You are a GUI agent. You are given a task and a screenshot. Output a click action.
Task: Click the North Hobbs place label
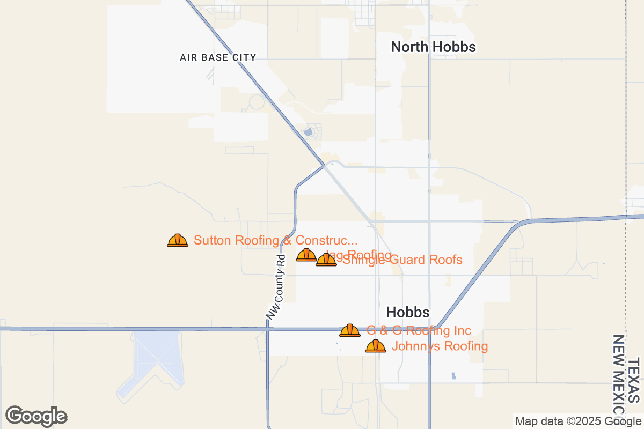point(433,47)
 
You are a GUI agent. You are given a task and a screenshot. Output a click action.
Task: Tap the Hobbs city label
point(408,313)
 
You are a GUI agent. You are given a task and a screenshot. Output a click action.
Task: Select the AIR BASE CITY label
point(218,57)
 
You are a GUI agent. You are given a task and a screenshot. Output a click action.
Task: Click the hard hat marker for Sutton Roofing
point(178,241)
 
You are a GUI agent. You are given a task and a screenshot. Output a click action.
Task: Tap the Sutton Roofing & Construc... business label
point(275,240)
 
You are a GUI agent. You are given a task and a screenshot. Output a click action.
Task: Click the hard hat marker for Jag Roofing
point(306,255)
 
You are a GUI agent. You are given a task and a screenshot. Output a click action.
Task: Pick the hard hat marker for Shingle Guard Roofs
point(326,260)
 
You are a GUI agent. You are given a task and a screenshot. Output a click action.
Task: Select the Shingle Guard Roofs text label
point(402,260)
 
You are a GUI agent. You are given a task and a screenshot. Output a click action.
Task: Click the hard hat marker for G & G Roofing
point(350,331)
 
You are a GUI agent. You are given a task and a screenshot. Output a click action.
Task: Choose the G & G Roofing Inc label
point(419,330)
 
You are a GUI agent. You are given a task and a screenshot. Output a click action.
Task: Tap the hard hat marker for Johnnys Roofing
point(376,346)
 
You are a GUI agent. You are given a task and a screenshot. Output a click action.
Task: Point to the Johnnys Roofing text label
point(440,346)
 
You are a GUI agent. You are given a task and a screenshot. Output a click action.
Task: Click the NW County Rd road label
point(277,287)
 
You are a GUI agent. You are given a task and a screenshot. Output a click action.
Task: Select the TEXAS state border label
point(634,381)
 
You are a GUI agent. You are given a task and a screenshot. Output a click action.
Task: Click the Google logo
point(36,416)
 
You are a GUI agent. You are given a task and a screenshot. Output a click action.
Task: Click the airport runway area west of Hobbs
point(152,359)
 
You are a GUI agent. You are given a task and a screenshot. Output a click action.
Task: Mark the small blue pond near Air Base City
point(308,131)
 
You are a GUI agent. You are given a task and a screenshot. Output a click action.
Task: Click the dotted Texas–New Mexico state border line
point(626,161)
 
